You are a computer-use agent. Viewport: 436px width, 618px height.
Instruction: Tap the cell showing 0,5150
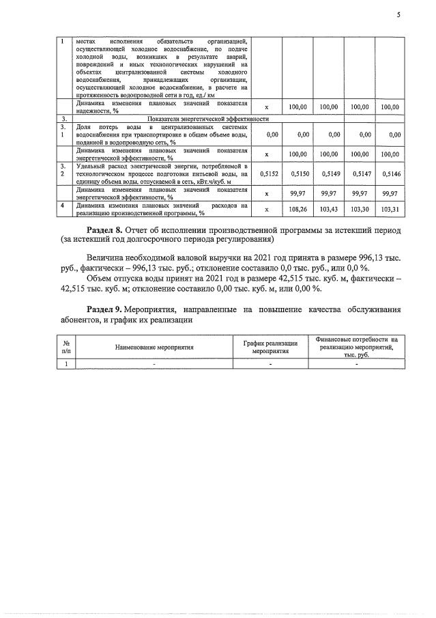pos(300,175)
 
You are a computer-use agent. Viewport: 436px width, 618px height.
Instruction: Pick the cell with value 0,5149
pos(330,175)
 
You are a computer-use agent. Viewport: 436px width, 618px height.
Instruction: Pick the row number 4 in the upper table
pos(62,205)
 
